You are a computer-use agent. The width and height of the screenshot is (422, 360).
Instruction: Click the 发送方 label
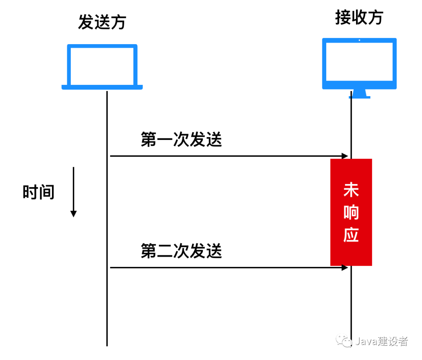point(102,22)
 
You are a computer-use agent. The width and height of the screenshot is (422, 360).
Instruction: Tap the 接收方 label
point(359,18)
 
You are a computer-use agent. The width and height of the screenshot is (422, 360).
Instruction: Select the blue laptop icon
point(102,66)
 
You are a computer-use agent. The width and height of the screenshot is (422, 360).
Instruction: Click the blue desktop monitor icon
point(359,64)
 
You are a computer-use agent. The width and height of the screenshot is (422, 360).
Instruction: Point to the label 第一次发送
point(181,140)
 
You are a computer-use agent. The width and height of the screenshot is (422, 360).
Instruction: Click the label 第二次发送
point(181,251)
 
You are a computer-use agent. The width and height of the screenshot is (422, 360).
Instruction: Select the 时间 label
point(38,192)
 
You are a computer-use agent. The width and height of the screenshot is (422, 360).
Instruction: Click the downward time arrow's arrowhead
point(73,213)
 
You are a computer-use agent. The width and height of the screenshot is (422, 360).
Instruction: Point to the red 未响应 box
point(351,212)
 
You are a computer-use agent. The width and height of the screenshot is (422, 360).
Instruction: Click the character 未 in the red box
point(351,191)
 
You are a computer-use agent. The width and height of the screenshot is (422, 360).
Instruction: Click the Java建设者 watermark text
point(381,341)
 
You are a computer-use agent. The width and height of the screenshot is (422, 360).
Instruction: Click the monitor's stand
point(359,94)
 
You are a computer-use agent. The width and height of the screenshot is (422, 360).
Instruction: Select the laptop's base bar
point(102,87)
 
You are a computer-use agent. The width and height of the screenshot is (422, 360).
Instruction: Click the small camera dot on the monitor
point(359,40)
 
